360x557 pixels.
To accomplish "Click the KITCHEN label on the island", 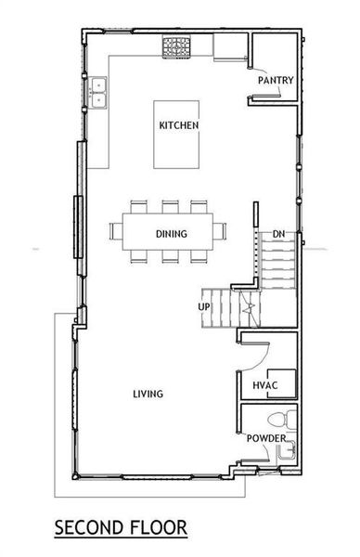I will [179, 125].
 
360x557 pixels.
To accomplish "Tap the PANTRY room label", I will [276, 81].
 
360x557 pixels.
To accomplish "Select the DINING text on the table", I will [173, 234].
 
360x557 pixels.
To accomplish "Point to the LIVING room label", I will [148, 394].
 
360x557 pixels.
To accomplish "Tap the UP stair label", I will [204, 305].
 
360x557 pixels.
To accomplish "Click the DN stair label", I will [277, 234].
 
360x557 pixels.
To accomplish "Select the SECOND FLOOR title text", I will [121, 528].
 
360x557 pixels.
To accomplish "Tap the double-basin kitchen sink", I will [98, 89].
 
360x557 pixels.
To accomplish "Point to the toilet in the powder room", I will [286, 419].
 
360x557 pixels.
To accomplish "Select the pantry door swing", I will [264, 65].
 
